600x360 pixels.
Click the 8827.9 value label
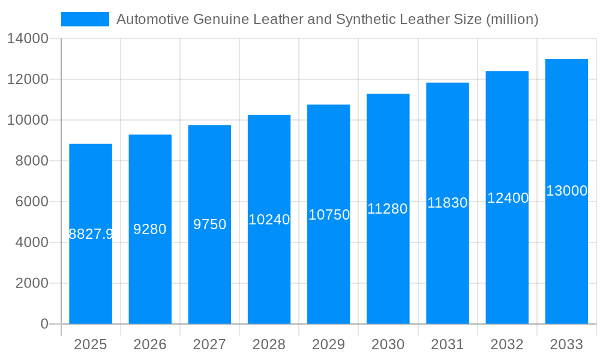91,234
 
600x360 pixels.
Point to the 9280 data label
150,229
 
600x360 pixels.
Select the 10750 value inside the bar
329,215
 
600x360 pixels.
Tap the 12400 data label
508,198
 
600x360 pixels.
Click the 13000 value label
566,191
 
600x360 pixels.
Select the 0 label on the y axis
44,324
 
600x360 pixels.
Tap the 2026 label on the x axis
150,344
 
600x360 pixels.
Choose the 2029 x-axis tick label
329,344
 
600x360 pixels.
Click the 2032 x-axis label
507,344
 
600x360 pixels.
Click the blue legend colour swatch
85,19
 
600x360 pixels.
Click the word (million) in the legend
512,19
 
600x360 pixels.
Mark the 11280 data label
388,209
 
